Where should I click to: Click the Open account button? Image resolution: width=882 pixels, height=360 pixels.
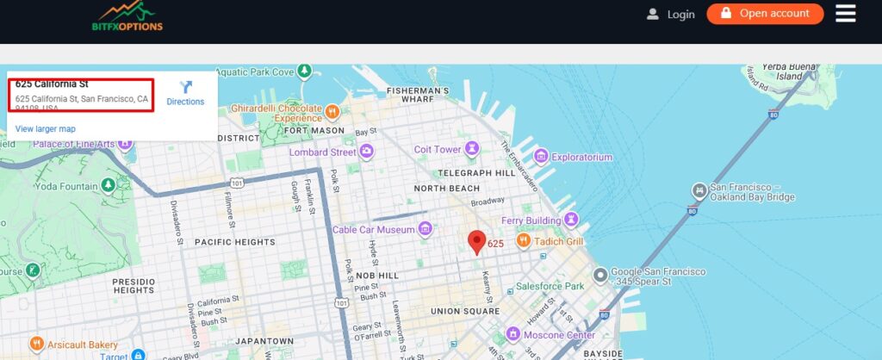pos(765,14)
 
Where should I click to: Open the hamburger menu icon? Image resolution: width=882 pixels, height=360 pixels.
pos(845,14)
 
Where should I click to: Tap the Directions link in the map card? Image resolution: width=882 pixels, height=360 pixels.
pos(185,93)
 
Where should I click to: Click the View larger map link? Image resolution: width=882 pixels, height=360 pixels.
pos(46,128)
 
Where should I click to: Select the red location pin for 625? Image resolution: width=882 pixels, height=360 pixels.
pos(476,242)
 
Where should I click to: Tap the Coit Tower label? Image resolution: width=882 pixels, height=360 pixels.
pos(438,149)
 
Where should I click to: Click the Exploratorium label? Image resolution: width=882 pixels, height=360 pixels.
pos(581,157)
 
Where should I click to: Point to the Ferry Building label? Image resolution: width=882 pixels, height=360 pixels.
pos(531,221)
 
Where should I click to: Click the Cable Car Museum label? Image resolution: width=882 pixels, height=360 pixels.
pos(374,230)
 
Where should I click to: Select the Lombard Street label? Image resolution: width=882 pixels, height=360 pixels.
pos(322,152)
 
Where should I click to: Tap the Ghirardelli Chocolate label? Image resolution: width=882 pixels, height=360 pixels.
pos(276,109)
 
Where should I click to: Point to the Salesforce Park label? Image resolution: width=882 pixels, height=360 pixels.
pos(550,286)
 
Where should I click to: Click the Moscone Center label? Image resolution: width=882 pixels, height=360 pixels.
pos(560,335)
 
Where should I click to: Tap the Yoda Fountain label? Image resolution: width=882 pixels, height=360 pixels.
pos(67,186)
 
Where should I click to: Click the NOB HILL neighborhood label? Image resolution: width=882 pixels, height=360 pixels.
pos(377,276)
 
